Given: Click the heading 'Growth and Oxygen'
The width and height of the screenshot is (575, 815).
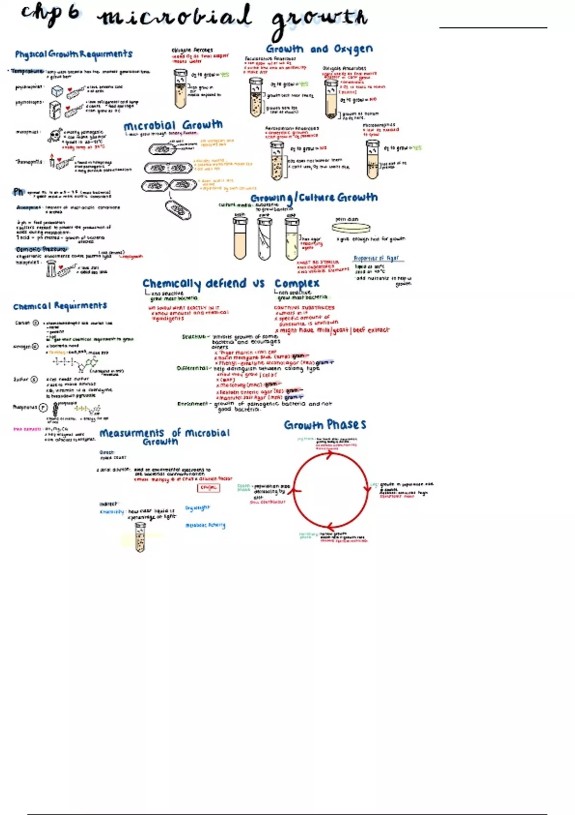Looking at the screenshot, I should pos(319,49).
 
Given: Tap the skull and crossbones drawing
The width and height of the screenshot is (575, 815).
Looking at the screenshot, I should pos(55,136).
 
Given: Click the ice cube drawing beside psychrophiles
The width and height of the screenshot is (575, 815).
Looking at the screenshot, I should pos(57,91).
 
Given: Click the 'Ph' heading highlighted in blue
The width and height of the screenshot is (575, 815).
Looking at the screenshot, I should pos(19,192).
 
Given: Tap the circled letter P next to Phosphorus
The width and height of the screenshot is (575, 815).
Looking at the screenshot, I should pos(43,407).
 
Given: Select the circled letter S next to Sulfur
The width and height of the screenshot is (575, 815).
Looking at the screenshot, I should pos(34,379).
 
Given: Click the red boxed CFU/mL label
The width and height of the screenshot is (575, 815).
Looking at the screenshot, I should pos(208,488).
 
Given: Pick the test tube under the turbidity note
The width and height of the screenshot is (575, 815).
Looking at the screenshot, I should pos(140,537).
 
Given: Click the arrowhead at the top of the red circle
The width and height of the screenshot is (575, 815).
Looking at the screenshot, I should pos(330,455).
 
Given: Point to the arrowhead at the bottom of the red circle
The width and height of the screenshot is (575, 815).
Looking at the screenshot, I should pos(330,528).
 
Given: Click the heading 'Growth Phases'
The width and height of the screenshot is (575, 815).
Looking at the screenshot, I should pos(325,425).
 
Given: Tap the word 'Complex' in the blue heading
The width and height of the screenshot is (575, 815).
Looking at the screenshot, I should pos(297,283).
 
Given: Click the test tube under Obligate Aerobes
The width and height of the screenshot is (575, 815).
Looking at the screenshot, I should pos(180,89).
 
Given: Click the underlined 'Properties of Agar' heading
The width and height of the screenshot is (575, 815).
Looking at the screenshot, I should pos(376,258).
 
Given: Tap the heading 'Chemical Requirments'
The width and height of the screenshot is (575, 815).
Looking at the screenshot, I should pos(60,306).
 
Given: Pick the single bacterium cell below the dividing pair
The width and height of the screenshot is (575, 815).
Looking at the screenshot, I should pos(178,210).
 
